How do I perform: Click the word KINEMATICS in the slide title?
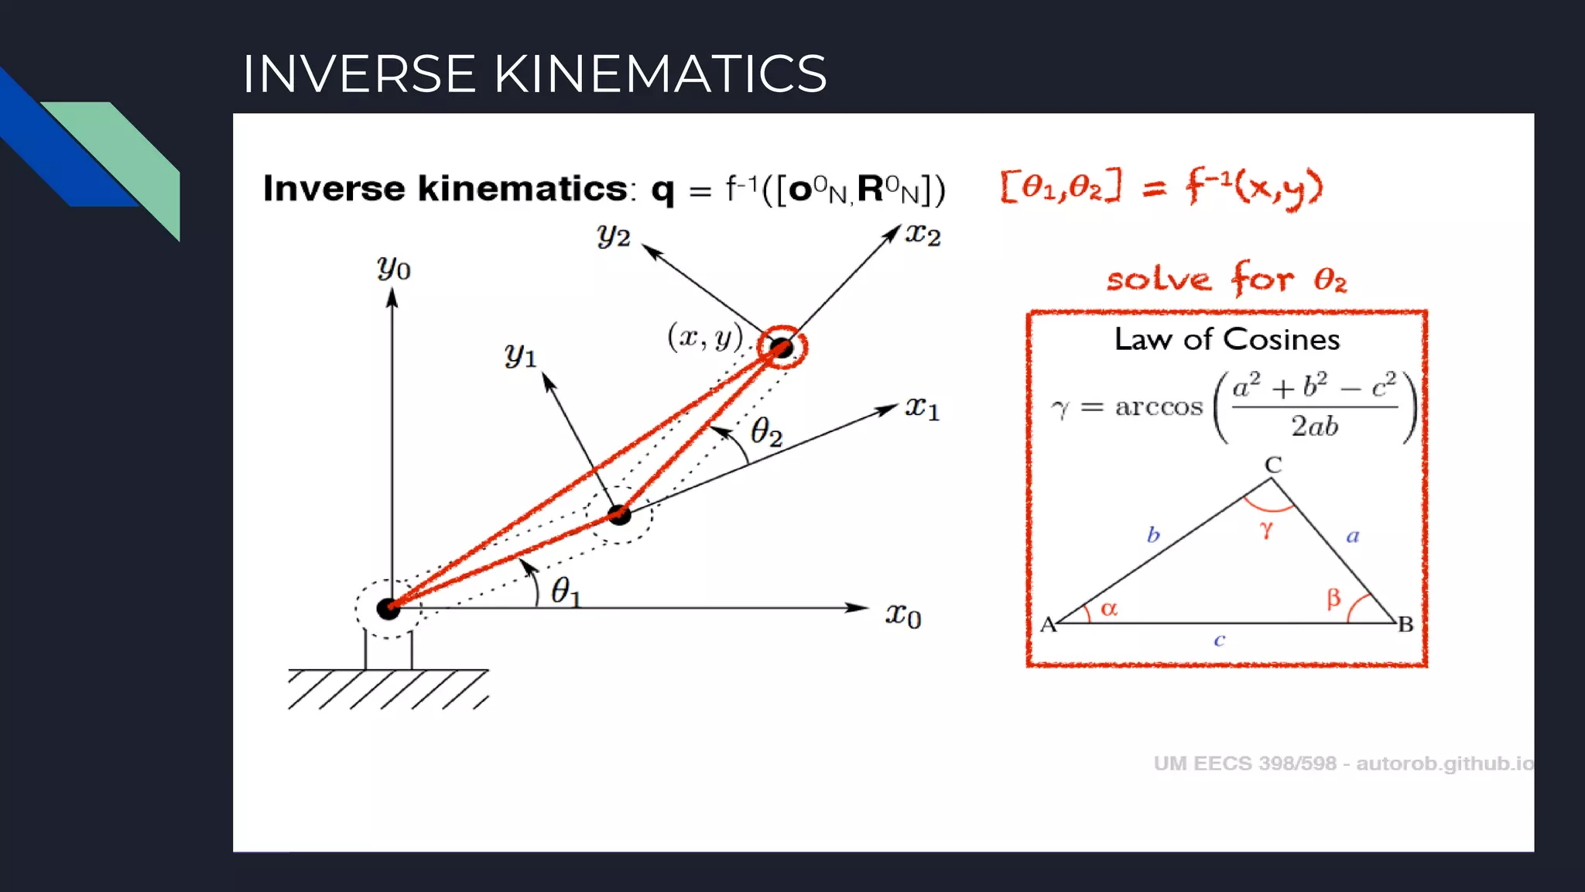pos(659,74)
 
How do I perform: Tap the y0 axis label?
pos(394,268)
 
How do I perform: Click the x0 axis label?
pos(903,616)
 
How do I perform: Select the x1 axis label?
pos(922,407)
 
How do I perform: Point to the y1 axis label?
pos(521,355)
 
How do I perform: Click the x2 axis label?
pos(923,234)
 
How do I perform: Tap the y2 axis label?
pos(614,235)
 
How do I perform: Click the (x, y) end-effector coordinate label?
pos(705,337)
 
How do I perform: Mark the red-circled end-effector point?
pos(782,348)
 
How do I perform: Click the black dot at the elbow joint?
pos(619,514)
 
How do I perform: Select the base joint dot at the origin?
pos(388,609)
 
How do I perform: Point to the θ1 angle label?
pos(565,592)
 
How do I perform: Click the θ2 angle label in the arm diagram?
pos(766,431)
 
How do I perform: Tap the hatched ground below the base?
pos(387,689)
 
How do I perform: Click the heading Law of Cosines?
pos(1227,339)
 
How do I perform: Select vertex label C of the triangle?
pos(1273,465)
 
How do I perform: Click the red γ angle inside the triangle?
pos(1266,530)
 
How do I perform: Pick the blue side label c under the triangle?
pos(1219,640)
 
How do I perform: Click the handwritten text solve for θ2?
pos(1227,279)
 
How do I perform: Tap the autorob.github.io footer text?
pos(1444,763)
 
